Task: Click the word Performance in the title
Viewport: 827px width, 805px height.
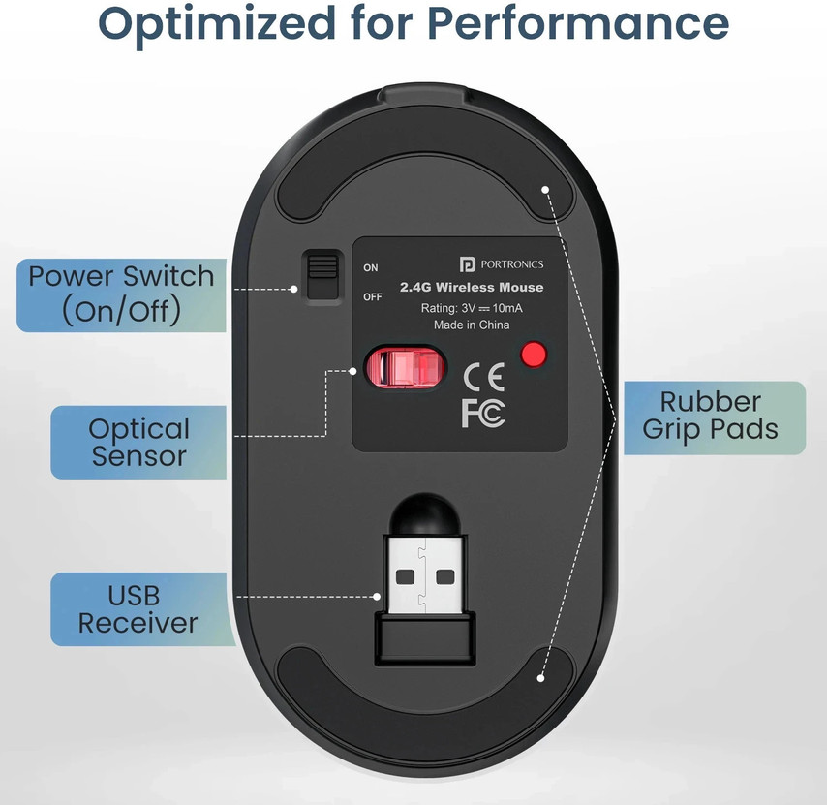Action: [577, 23]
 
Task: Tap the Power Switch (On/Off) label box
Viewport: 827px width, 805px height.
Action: [121, 294]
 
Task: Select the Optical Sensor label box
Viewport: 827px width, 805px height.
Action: [138, 442]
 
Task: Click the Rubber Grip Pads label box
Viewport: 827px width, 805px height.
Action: [715, 418]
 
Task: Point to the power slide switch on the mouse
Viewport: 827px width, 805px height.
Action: [322, 277]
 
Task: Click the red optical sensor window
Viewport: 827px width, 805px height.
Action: [405, 367]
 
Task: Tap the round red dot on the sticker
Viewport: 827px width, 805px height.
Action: [534, 355]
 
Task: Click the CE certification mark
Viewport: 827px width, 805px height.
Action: [483, 377]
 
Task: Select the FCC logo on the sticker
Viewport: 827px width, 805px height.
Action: [483, 413]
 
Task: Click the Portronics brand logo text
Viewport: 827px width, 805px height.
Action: [501, 263]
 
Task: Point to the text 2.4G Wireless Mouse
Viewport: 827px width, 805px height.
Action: [472, 288]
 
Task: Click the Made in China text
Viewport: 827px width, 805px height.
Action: [472, 325]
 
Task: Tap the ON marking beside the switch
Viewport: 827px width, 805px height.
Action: [370, 268]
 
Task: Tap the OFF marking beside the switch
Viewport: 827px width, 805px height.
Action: [373, 297]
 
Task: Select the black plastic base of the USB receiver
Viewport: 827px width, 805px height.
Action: [425, 637]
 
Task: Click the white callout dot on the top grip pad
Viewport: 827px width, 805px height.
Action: [545, 189]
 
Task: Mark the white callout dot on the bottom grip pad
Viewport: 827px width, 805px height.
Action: [540, 678]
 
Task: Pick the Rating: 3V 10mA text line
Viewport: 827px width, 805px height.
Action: [472, 308]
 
